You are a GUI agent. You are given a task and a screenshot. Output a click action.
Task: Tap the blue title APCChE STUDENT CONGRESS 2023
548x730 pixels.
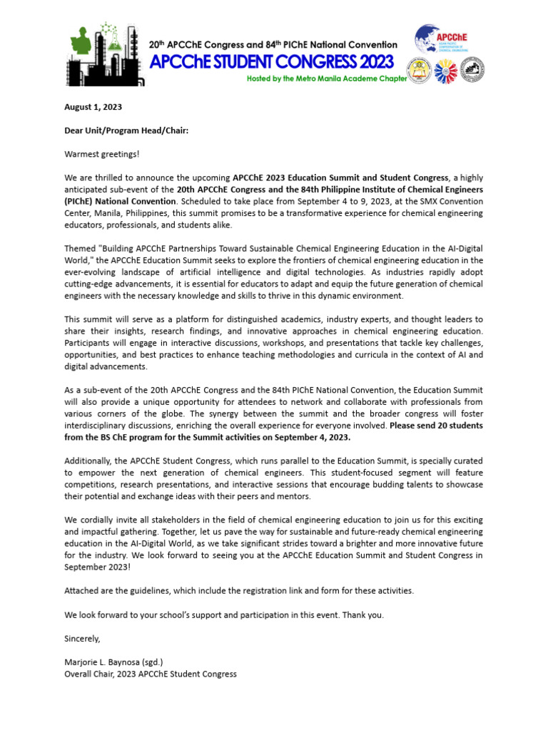tap(271, 62)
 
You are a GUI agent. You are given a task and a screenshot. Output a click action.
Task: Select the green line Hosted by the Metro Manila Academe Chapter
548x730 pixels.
tap(326, 78)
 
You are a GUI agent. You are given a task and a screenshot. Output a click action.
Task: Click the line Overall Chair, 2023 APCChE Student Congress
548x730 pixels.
tap(151, 674)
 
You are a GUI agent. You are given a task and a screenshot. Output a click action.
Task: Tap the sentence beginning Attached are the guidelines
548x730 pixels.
tap(239, 591)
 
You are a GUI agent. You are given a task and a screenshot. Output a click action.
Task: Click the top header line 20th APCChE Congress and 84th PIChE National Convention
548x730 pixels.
tap(273, 45)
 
